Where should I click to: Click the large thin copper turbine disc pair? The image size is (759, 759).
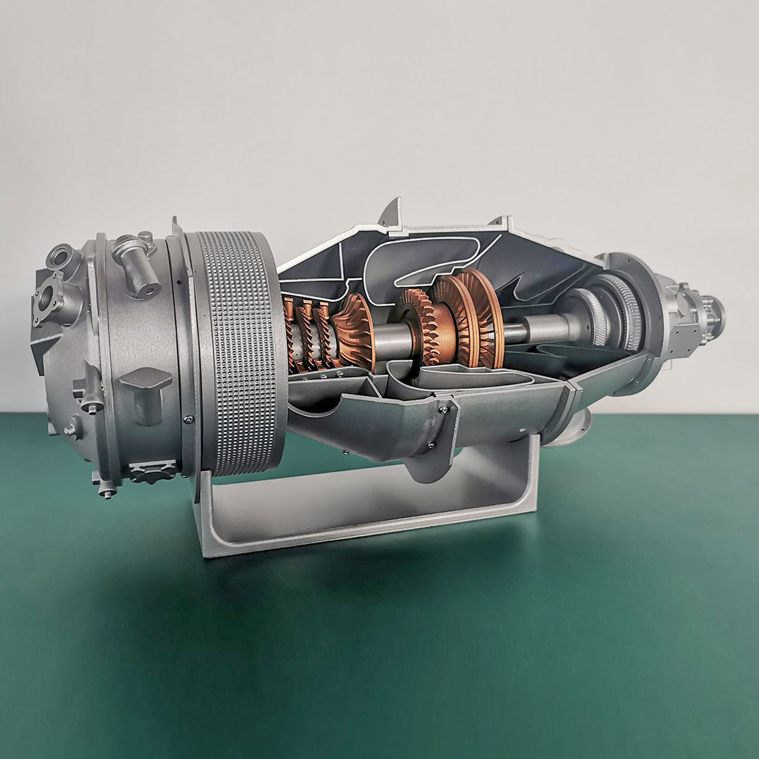click(476, 317)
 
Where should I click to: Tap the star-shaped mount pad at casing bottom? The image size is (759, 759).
click(152, 473)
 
